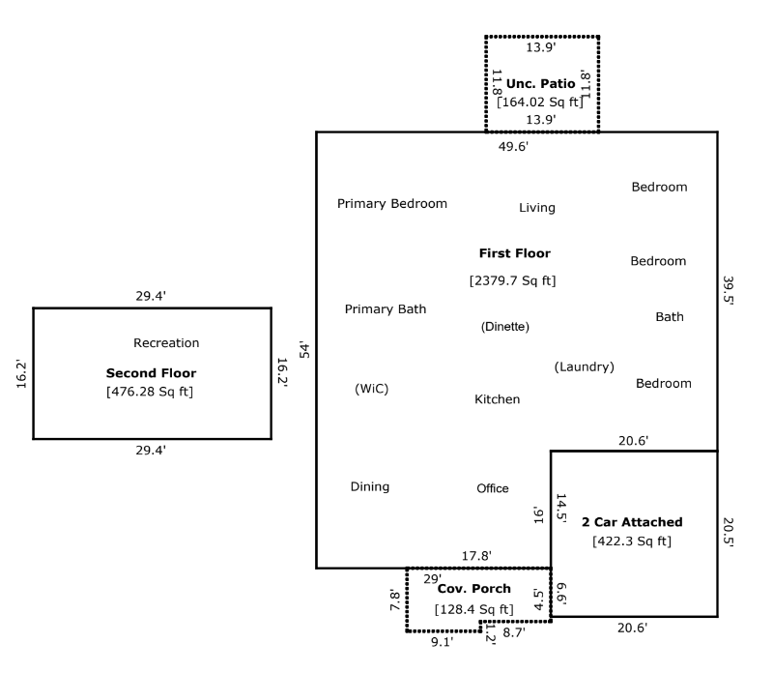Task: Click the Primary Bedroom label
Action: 391,204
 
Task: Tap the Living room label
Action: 537,208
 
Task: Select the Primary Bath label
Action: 386,309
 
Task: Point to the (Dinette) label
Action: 504,327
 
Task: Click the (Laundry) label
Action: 584,366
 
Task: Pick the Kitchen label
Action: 497,399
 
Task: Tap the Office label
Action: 492,488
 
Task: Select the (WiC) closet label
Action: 371,389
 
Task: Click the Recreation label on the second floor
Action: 166,343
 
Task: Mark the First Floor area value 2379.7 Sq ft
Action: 512,281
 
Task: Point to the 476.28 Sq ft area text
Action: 150,392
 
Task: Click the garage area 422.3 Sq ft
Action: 632,541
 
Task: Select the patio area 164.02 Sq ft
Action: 540,102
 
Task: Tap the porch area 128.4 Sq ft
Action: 473,610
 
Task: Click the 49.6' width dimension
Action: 512,147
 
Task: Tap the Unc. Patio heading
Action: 540,84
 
